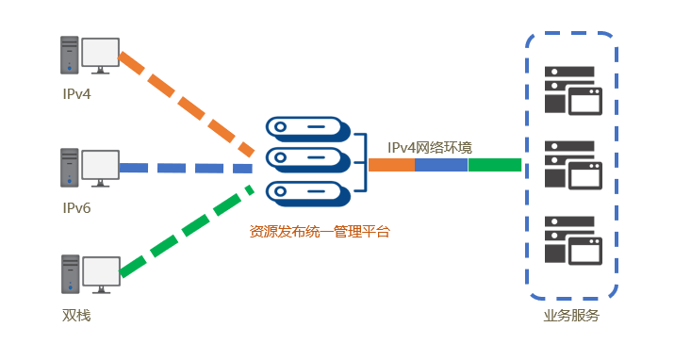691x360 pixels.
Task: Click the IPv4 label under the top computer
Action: click(76, 94)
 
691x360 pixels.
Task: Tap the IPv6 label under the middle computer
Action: click(76, 207)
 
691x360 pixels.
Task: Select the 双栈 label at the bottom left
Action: click(76, 315)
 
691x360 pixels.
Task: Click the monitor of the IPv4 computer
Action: click(100, 54)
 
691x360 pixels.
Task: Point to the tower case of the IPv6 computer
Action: click(69, 167)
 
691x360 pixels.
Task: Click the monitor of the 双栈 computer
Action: click(100, 272)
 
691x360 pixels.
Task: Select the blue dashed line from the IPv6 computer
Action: click(186, 168)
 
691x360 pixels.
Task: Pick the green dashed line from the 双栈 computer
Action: click(186, 232)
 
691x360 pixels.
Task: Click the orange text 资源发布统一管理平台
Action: click(319, 231)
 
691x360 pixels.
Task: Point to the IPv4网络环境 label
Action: click(430, 147)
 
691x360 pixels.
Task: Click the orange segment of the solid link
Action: click(391, 165)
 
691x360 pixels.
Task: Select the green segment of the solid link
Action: click(494, 165)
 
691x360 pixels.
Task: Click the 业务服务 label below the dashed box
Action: click(571, 316)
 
